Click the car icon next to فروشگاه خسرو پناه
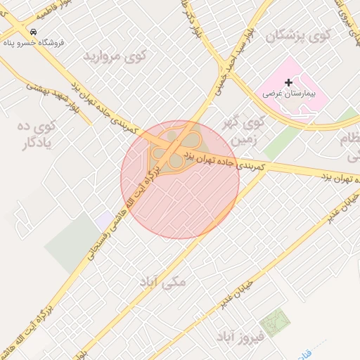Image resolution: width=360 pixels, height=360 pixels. coord(33,32)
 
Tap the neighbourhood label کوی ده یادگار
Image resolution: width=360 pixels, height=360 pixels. coord(38,136)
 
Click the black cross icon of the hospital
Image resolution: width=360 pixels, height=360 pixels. coord(288,82)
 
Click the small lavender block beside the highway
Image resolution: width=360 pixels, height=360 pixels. coord(104,220)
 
